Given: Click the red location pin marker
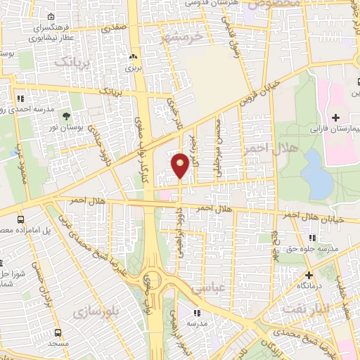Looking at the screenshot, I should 180,165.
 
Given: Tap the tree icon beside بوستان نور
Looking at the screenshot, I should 67,116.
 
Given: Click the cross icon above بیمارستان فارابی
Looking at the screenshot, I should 335,117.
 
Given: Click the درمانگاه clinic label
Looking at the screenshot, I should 308,285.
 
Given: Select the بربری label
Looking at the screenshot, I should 134,70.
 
